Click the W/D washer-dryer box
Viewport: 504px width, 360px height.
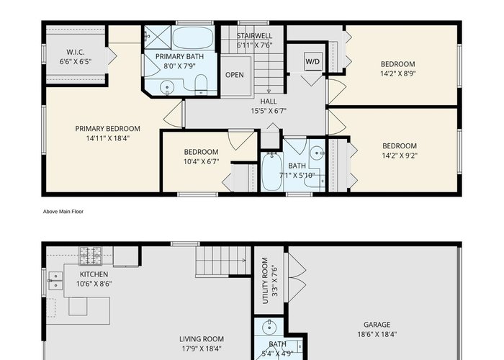tap(312, 61)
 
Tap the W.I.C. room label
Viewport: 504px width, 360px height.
tap(76, 52)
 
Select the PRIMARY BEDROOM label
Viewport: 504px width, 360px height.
tap(108, 129)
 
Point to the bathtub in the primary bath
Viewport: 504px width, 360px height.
tap(193, 38)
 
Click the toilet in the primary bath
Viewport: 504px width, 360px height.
tap(201, 84)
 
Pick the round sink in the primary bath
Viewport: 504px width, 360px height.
tap(167, 87)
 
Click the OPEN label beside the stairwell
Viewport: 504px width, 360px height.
tap(234, 75)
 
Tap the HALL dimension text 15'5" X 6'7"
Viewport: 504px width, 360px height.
tap(269, 111)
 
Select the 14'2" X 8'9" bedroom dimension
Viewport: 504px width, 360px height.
tap(398, 73)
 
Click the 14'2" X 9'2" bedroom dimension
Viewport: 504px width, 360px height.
tap(400, 156)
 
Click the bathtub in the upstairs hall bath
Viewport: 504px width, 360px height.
tap(271, 172)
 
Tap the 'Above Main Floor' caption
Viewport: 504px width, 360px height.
tap(63, 212)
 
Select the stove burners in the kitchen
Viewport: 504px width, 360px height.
tap(90, 256)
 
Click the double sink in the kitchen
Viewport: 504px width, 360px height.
tap(55, 281)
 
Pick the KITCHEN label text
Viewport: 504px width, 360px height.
tap(94, 274)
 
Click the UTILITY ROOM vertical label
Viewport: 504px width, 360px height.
tap(265, 281)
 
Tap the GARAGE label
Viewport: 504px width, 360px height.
tap(377, 325)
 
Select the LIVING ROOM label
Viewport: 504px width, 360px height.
tap(202, 339)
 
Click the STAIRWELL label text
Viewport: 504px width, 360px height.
tap(255, 36)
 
